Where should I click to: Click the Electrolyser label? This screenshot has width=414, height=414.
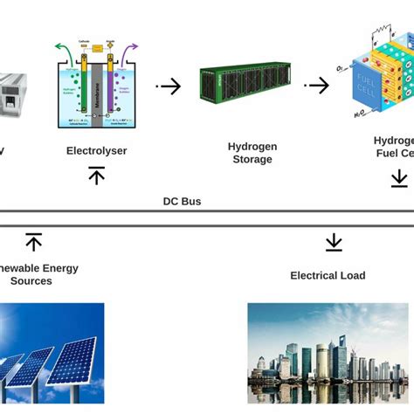coord(96,151)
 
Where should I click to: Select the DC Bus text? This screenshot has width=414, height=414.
coord(182,201)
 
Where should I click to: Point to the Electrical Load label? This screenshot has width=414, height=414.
coord(328,275)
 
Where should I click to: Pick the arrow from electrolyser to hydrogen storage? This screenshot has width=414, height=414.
coord(169,86)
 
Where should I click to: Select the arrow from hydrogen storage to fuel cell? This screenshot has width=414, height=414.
coord(316,86)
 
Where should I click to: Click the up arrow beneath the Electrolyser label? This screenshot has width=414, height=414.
coord(96,176)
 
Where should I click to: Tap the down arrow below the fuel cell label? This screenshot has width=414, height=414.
coord(399,178)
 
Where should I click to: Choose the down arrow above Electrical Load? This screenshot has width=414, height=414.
coord(334,242)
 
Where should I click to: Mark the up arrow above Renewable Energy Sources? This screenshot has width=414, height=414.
coord(33,242)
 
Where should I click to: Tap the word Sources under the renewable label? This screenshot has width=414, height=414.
coord(31,281)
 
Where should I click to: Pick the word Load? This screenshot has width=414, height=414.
coord(352,275)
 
